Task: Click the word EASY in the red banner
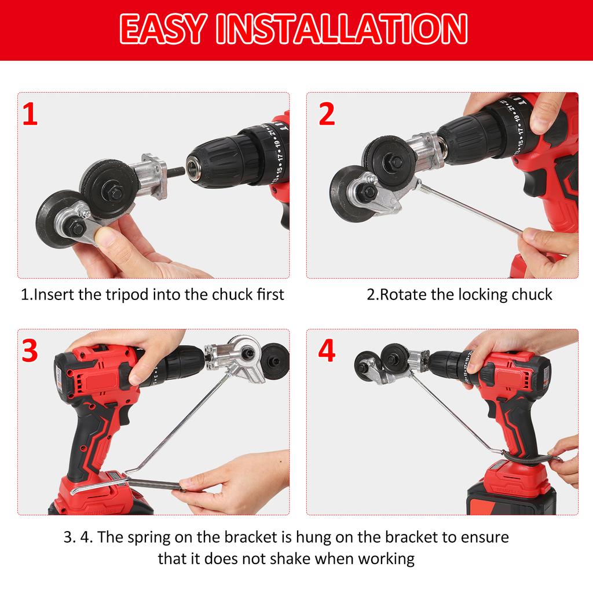click(163, 29)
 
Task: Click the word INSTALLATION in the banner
click(342, 29)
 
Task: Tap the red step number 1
click(30, 114)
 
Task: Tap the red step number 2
click(327, 114)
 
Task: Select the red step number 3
click(30, 350)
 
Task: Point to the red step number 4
click(327, 350)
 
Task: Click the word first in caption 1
click(270, 295)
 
